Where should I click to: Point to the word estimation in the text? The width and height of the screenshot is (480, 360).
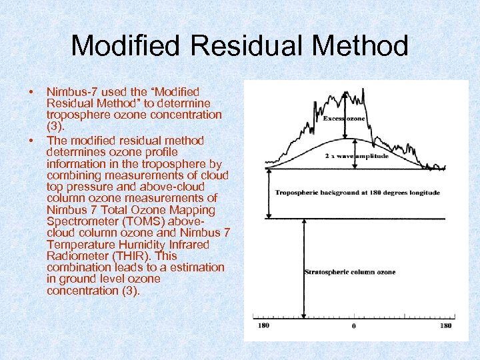[194, 267]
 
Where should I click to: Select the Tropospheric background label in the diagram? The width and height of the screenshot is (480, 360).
[357, 193]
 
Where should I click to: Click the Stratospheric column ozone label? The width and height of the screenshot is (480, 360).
[349, 272]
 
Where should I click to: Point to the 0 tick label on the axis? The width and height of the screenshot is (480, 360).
[353, 326]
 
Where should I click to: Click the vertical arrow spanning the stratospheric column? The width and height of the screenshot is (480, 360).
[303, 267]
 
